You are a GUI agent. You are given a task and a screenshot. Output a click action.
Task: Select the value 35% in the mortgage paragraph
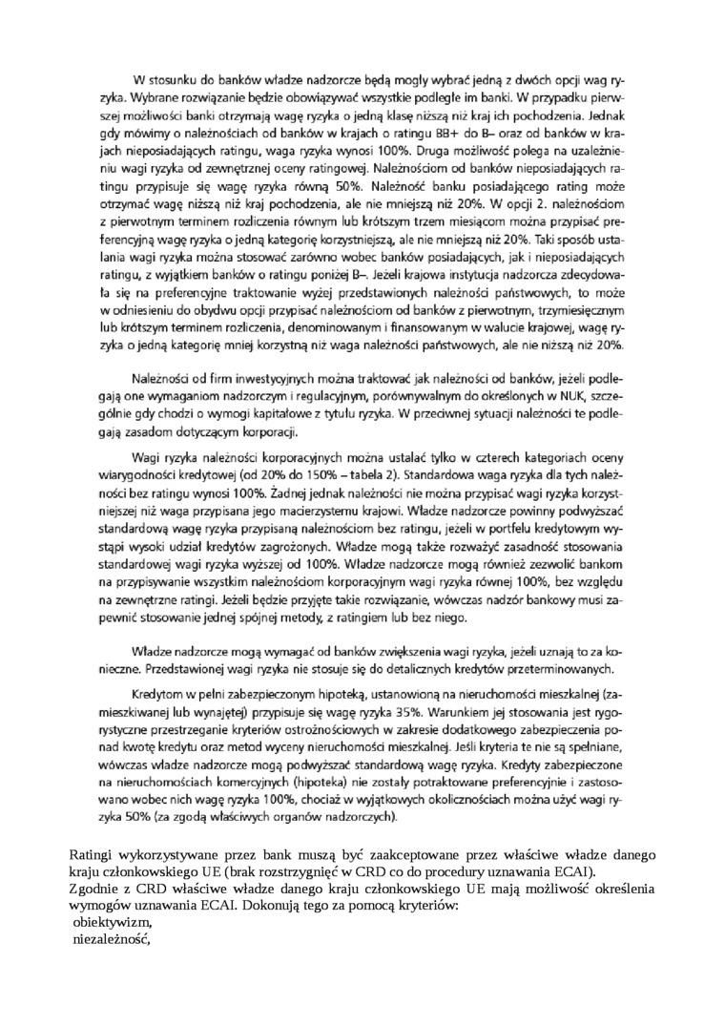417,711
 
